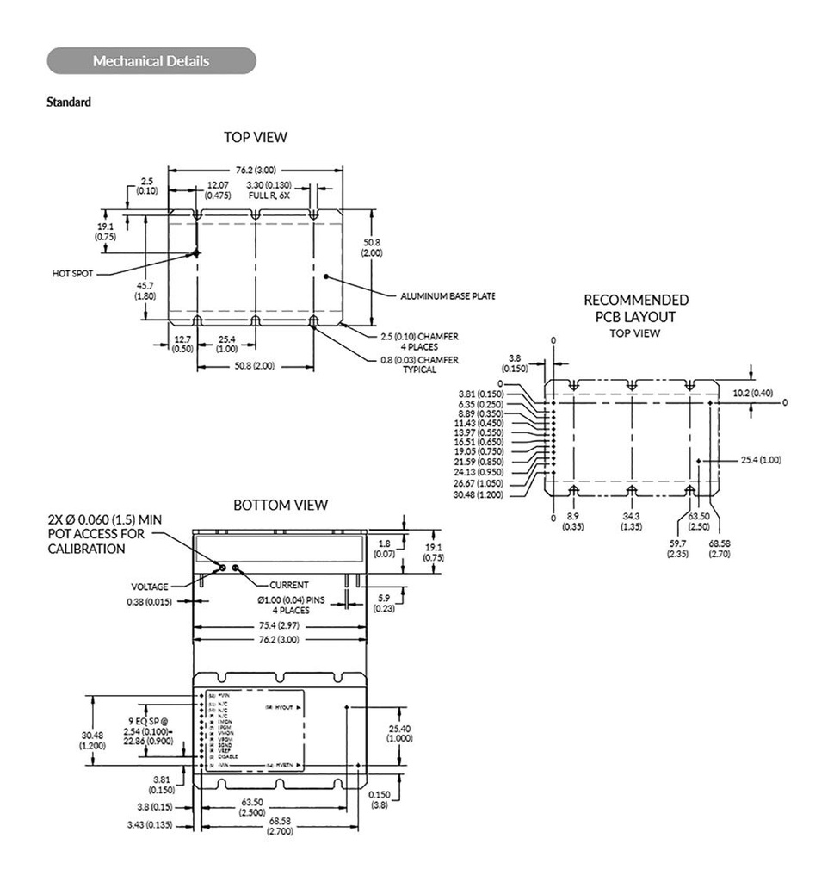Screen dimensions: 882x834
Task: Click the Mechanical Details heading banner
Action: click(x=151, y=61)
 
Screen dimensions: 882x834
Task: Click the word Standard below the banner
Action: click(x=69, y=102)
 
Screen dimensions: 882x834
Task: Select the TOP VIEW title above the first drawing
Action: click(x=256, y=137)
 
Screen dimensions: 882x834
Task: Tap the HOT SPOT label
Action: click(x=71, y=274)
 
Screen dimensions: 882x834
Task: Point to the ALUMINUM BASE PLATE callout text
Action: click(x=448, y=296)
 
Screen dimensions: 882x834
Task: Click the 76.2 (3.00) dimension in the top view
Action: click(x=256, y=170)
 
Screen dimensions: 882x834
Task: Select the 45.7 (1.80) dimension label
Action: click(x=145, y=291)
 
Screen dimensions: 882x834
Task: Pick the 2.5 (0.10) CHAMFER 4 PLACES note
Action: click(x=419, y=341)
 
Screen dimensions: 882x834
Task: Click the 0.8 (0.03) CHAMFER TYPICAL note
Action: click(x=419, y=364)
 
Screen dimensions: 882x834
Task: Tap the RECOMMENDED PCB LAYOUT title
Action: click(x=636, y=308)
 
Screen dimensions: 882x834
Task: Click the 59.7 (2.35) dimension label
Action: click(x=677, y=549)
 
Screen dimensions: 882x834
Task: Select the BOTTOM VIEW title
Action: click(x=281, y=505)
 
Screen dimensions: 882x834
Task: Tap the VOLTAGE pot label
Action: click(x=150, y=587)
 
